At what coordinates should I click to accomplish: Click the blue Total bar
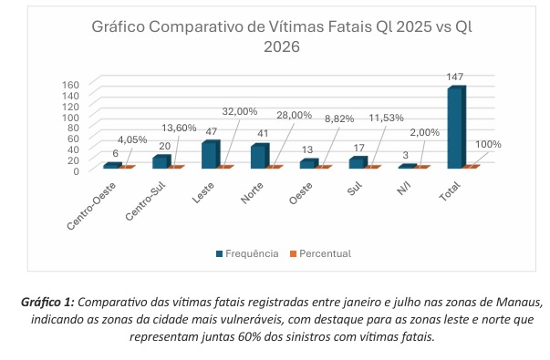(x=457, y=128)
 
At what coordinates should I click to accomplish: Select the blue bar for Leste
(x=211, y=154)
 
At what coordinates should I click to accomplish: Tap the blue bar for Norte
(x=260, y=156)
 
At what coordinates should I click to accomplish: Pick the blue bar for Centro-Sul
(x=161, y=161)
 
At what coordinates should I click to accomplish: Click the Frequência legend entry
(x=248, y=253)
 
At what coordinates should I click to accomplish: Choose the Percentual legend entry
(x=320, y=253)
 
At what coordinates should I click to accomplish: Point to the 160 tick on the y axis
(x=70, y=85)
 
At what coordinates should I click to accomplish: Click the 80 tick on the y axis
(x=73, y=128)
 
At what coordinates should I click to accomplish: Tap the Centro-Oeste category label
(x=91, y=207)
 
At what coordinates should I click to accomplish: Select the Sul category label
(x=354, y=190)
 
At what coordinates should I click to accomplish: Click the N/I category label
(x=404, y=189)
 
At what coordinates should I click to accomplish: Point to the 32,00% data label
(x=240, y=111)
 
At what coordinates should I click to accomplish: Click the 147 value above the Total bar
(x=455, y=77)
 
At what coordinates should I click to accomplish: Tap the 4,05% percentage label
(x=132, y=139)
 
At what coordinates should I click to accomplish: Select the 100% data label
(x=488, y=144)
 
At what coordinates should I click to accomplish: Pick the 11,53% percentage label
(x=386, y=118)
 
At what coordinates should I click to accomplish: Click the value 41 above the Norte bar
(x=262, y=133)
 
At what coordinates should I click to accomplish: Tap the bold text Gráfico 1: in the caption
(x=47, y=303)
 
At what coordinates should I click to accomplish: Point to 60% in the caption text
(x=249, y=337)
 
